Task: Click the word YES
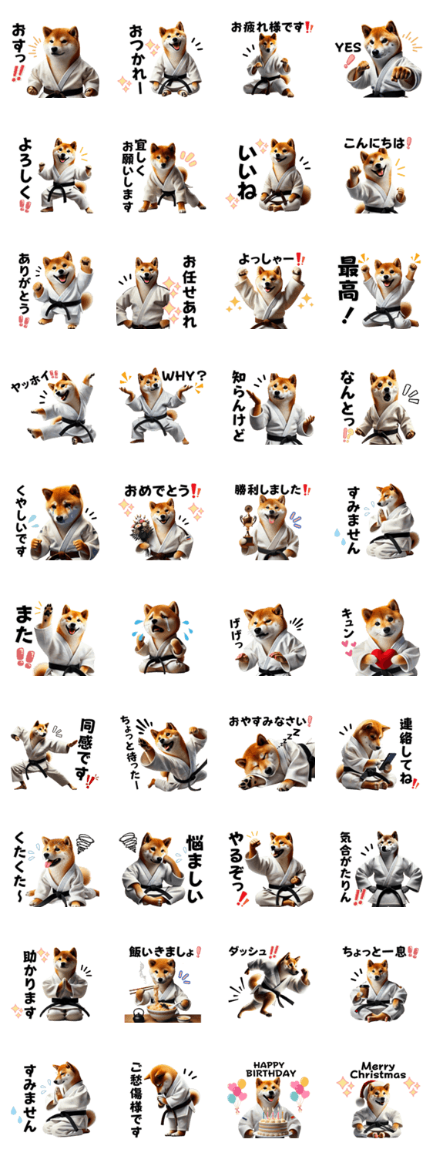point(347,48)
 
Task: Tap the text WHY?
point(183,376)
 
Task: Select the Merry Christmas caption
point(378,1070)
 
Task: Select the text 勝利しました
point(268,489)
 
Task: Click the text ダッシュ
point(248,950)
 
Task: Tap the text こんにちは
point(374,143)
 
